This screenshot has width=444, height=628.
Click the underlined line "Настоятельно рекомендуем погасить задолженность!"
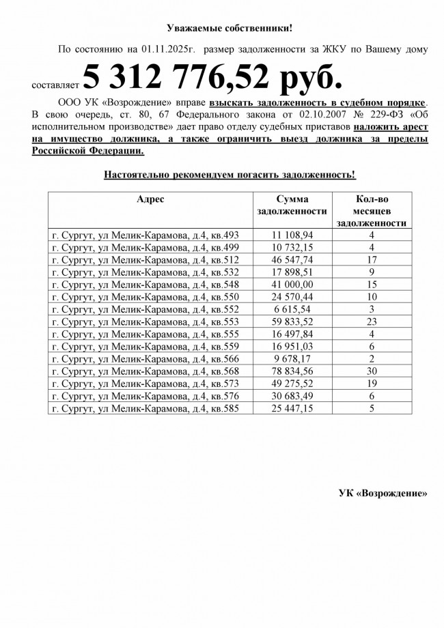230,175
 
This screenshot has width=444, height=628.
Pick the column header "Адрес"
150,199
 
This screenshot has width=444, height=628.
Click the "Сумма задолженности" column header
292,205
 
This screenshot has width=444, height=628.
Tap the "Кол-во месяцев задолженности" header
372,211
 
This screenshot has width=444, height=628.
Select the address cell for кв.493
145,235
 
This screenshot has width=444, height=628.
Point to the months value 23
372,322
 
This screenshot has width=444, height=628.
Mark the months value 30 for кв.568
372,371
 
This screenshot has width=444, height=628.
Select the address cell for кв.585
145,409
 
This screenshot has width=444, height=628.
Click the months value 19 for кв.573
372,384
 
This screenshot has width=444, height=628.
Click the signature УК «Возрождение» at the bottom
383,493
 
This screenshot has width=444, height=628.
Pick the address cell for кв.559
145,347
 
